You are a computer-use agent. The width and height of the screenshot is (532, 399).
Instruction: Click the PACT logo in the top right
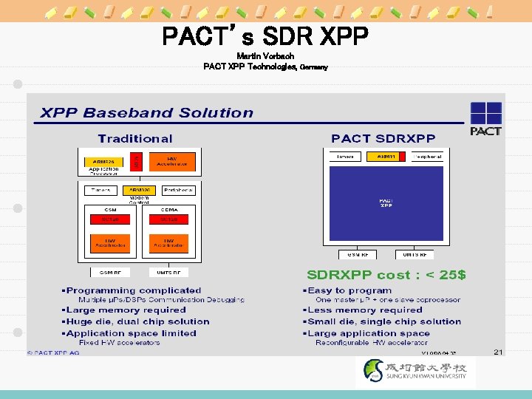(x=485, y=119)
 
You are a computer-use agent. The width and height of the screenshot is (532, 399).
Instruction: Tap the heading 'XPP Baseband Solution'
(x=146, y=113)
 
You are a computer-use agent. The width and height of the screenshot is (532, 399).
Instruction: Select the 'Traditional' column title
(x=135, y=138)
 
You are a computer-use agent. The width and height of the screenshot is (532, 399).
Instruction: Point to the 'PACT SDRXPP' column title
(x=383, y=138)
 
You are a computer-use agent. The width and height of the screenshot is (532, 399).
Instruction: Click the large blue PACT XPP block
(x=386, y=205)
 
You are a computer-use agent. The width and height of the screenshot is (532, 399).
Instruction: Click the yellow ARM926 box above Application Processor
(x=103, y=160)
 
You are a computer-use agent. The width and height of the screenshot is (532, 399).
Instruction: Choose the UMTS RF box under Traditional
(x=168, y=273)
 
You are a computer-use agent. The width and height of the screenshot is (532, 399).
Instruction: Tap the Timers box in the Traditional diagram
(x=101, y=190)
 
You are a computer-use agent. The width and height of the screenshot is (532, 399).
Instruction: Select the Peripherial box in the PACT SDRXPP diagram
(x=428, y=157)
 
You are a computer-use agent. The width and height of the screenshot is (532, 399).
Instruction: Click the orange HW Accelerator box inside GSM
(x=110, y=243)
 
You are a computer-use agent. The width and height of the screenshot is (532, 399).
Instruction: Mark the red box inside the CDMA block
(x=168, y=219)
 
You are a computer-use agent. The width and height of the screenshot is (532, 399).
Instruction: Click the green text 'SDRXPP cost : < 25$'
(x=386, y=276)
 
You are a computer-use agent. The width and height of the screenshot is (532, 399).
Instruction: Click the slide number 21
(x=498, y=352)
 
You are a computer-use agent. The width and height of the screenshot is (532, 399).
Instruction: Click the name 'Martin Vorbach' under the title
(x=265, y=56)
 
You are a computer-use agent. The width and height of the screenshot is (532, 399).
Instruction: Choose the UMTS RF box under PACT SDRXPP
(x=414, y=254)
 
